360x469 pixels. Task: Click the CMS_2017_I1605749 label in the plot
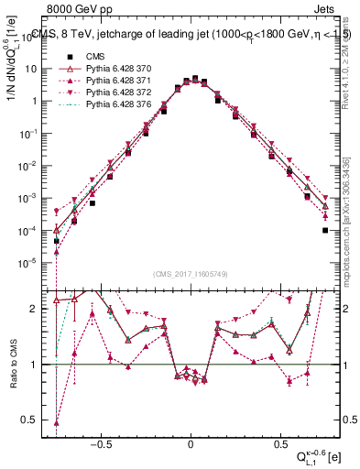pyautogui.click(x=191, y=274)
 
